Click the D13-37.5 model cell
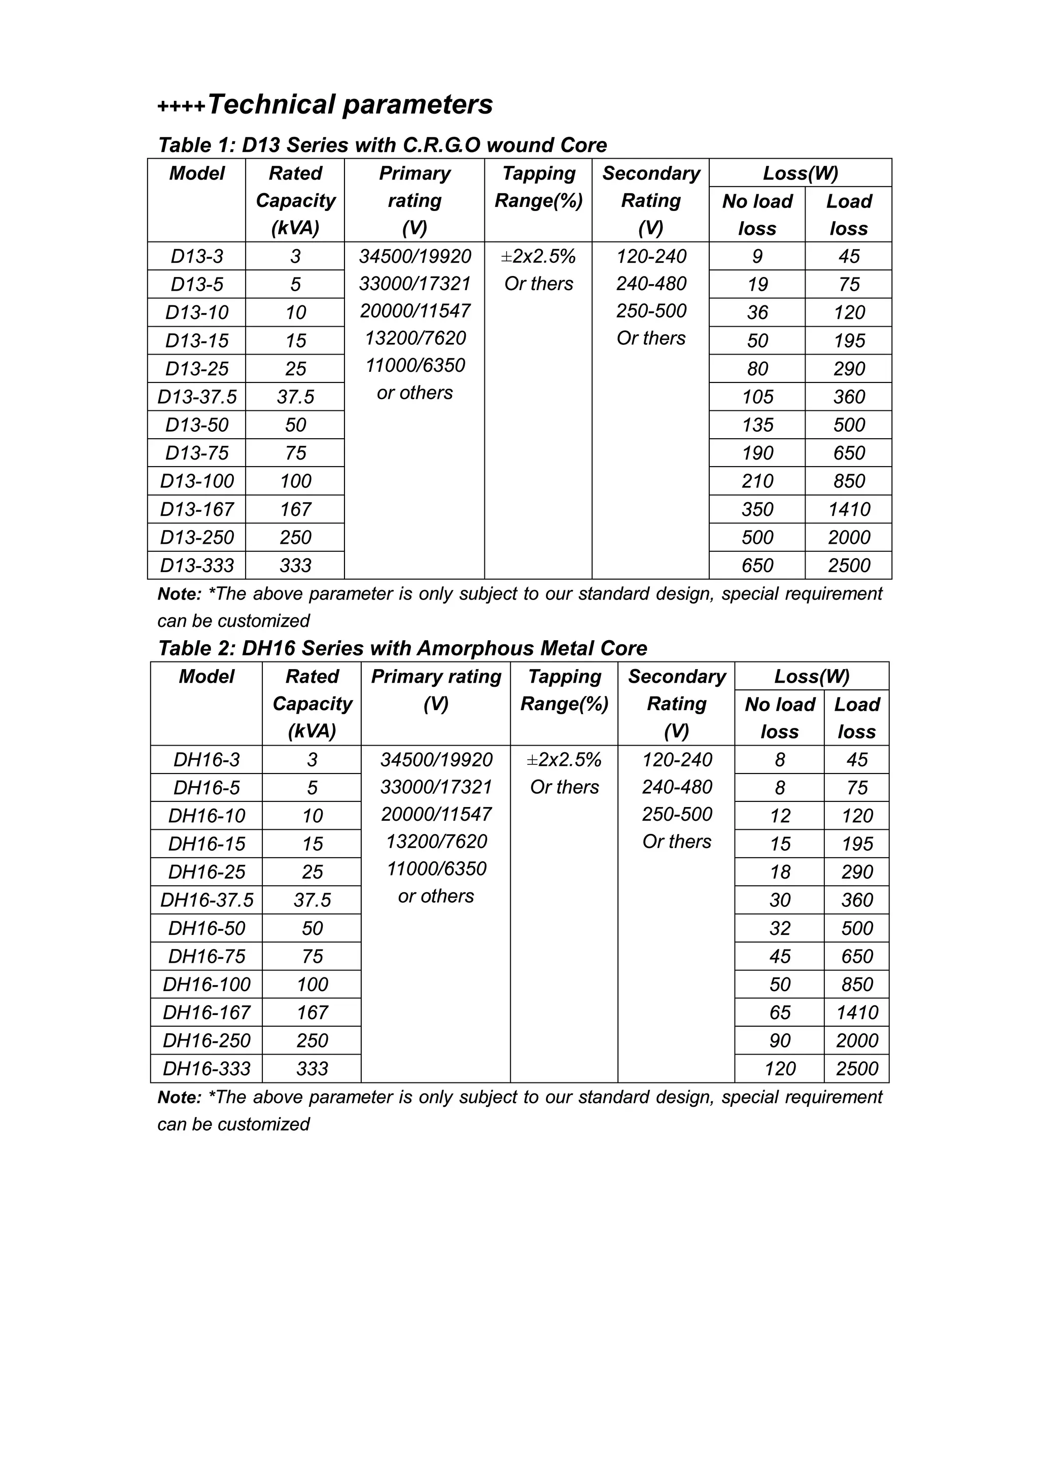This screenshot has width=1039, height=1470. (x=197, y=397)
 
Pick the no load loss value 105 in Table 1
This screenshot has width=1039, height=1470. (x=757, y=397)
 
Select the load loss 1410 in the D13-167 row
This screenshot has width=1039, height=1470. (x=849, y=510)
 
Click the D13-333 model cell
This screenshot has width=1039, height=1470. (x=197, y=566)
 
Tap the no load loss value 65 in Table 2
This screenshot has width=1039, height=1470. (x=780, y=1012)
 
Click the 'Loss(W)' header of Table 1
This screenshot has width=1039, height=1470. (x=800, y=173)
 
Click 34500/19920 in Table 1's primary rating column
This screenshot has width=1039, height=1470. (x=415, y=256)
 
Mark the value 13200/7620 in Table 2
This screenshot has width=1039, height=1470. (x=436, y=842)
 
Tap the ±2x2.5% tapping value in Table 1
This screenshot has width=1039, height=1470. (x=538, y=256)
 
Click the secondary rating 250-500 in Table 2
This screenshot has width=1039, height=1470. (x=677, y=815)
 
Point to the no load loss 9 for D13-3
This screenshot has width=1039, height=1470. (x=757, y=256)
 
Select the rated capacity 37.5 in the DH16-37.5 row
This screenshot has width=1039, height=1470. (x=312, y=900)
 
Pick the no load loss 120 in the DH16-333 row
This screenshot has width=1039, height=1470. (x=780, y=1069)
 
